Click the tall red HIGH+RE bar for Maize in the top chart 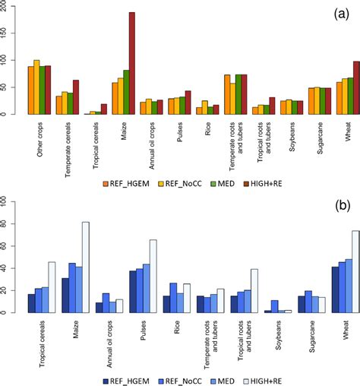131,64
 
